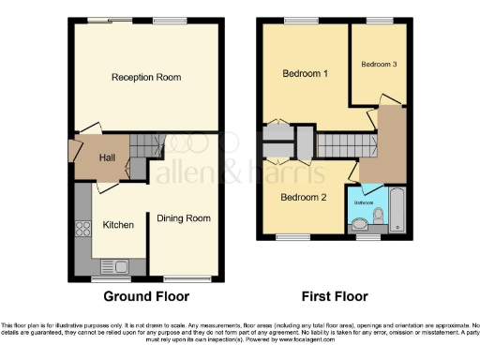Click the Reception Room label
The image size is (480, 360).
pyautogui.click(x=145, y=77)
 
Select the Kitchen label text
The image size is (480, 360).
pyautogui.click(x=118, y=225)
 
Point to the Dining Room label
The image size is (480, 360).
pyautogui.click(x=184, y=218)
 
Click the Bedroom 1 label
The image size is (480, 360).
pyautogui.click(x=305, y=73)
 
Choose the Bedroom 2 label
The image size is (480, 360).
pyautogui.click(x=303, y=197)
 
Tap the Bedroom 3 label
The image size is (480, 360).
pyautogui.click(x=379, y=64)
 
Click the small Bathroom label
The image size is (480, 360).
pyautogui.click(x=364, y=202)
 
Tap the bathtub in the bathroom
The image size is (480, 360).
pyautogui.click(x=397, y=209)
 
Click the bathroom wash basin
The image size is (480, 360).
pyautogui.click(x=357, y=223)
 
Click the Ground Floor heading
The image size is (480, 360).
pyautogui.click(x=145, y=297)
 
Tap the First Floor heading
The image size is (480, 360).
pyautogui.click(x=333, y=297)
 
